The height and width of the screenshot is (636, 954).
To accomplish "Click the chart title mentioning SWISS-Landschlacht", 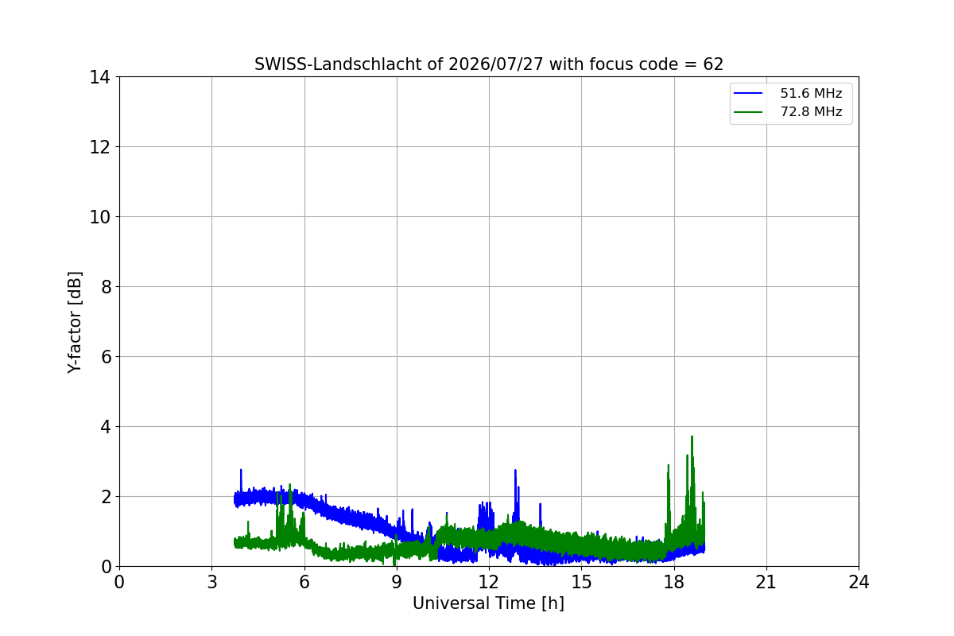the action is (488, 64).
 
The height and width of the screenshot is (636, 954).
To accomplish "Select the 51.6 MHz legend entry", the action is (788, 93).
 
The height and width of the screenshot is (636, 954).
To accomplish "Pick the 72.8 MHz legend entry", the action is (788, 111).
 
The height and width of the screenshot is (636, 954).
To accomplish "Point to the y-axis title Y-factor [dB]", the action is (75, 323).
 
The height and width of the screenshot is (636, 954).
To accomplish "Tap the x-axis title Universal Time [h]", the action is (488, 603).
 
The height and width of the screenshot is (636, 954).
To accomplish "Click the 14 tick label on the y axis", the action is (99, 78).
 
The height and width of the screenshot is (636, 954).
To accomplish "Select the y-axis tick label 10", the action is (99, 217).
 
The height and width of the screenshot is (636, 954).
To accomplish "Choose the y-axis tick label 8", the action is (106, 287).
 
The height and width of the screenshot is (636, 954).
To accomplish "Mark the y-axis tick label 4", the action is (106, 427).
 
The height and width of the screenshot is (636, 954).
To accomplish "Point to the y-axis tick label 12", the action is (99, 147).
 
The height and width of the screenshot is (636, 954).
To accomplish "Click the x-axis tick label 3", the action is (212, 582).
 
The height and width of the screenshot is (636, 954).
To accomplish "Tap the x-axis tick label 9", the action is (397, 582).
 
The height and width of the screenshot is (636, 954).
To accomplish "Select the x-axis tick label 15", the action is (582, 582).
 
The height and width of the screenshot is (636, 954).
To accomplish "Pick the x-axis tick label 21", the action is (766, 582).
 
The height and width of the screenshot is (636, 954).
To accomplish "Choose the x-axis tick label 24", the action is (859, 582).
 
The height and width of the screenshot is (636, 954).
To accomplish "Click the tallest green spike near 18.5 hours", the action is (692, 436).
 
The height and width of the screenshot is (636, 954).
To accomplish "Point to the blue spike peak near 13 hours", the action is (515, 471).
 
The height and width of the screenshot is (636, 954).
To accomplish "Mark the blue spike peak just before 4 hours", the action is (241, 470).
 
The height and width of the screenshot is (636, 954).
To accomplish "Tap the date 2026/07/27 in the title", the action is (496, 64).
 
